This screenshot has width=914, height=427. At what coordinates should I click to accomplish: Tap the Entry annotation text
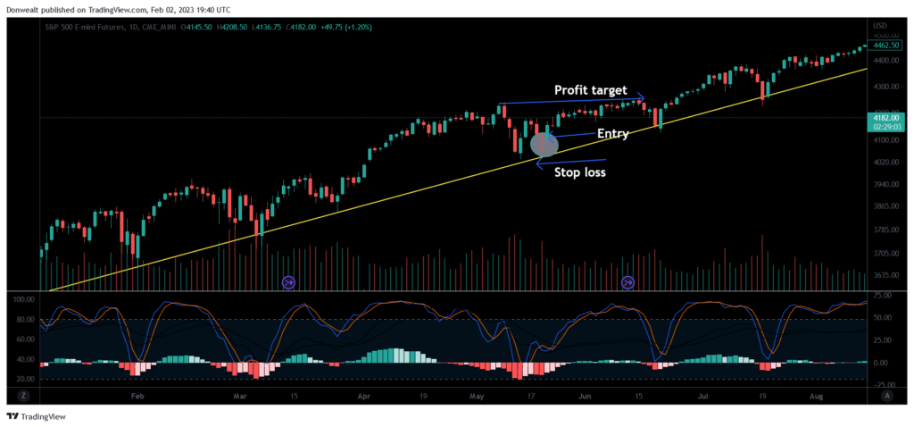613,134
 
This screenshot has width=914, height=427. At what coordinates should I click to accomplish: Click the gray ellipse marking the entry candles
544,143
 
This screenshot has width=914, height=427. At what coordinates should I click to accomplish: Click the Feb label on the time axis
137,393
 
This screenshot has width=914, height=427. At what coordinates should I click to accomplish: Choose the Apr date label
363,393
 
